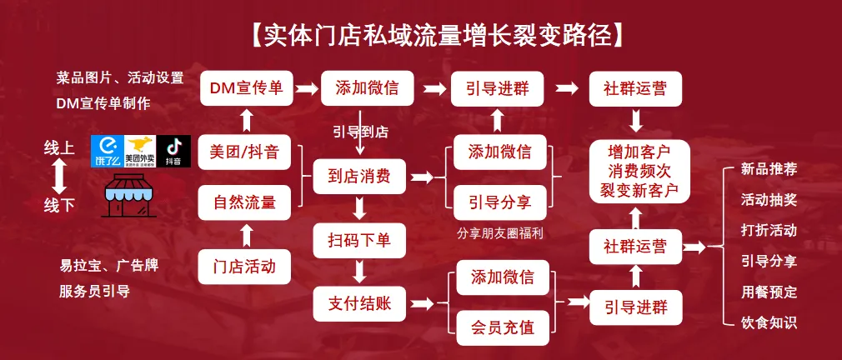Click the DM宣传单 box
(x=245, y=88)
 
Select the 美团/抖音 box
(x=245, y=152)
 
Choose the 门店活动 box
(x=245, y=267)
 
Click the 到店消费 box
(x=359, y=177)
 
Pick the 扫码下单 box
(x=359, y=240)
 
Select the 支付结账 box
(x=359, y=303)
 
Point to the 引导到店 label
(x=359, y=132)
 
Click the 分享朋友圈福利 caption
(x=501, y=233)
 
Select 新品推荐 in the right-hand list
(x=769, y=170)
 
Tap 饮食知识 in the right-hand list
(x=769, y=322)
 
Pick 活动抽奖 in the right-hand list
(x=769, y=200)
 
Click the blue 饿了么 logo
(x=106, y=152)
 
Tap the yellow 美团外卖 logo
(x=138, y=152)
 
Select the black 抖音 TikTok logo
(x=173, y=152)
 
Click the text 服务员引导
(x=94, y=292)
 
